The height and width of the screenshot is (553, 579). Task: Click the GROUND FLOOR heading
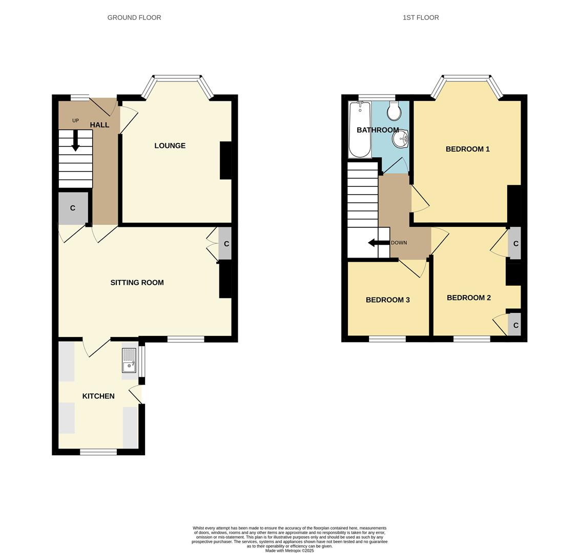(x=134, y=17)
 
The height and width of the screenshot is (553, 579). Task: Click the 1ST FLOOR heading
(x=421, y=17)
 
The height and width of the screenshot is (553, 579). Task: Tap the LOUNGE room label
(x=170, y=146)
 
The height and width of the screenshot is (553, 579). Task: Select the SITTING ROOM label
(x=137, y=283)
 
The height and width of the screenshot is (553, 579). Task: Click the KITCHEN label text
(x=98, y=396)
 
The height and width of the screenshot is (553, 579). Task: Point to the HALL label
(x=99, y=125)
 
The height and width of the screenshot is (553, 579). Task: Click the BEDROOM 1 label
(x=467, y=150)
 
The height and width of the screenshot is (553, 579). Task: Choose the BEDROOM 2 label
(x=468, y=298)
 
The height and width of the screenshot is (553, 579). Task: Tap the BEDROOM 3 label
(x=387, y=300)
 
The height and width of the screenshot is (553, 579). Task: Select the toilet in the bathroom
(x=395, y=111)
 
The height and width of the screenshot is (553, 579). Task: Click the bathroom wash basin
(x=401, y=137)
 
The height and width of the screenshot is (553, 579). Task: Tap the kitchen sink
(x=129, y=360)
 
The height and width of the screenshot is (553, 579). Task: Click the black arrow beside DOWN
(x=378, y=243)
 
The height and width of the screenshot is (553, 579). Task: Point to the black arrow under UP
(x=75, y=140)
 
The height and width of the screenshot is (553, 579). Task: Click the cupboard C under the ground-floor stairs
(x=73, y=208)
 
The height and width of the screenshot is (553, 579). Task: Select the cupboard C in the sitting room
(x=226, y=244)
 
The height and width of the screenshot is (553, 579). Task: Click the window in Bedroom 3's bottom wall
(x=387, y=339)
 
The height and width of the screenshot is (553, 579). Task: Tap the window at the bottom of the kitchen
(x=98, y=452)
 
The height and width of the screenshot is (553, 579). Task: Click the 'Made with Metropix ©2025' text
(x=289, y=550)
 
